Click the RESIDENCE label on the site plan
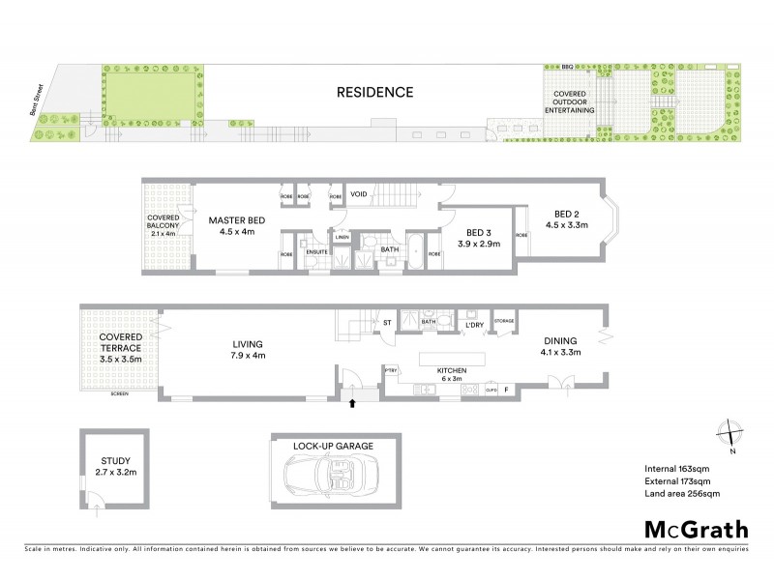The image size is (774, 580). click(374, 93)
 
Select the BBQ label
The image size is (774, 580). click(567, 67)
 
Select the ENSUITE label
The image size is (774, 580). click(317, 250)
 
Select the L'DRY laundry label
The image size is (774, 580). click(474, 325)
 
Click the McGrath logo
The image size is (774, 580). click(696, 529)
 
